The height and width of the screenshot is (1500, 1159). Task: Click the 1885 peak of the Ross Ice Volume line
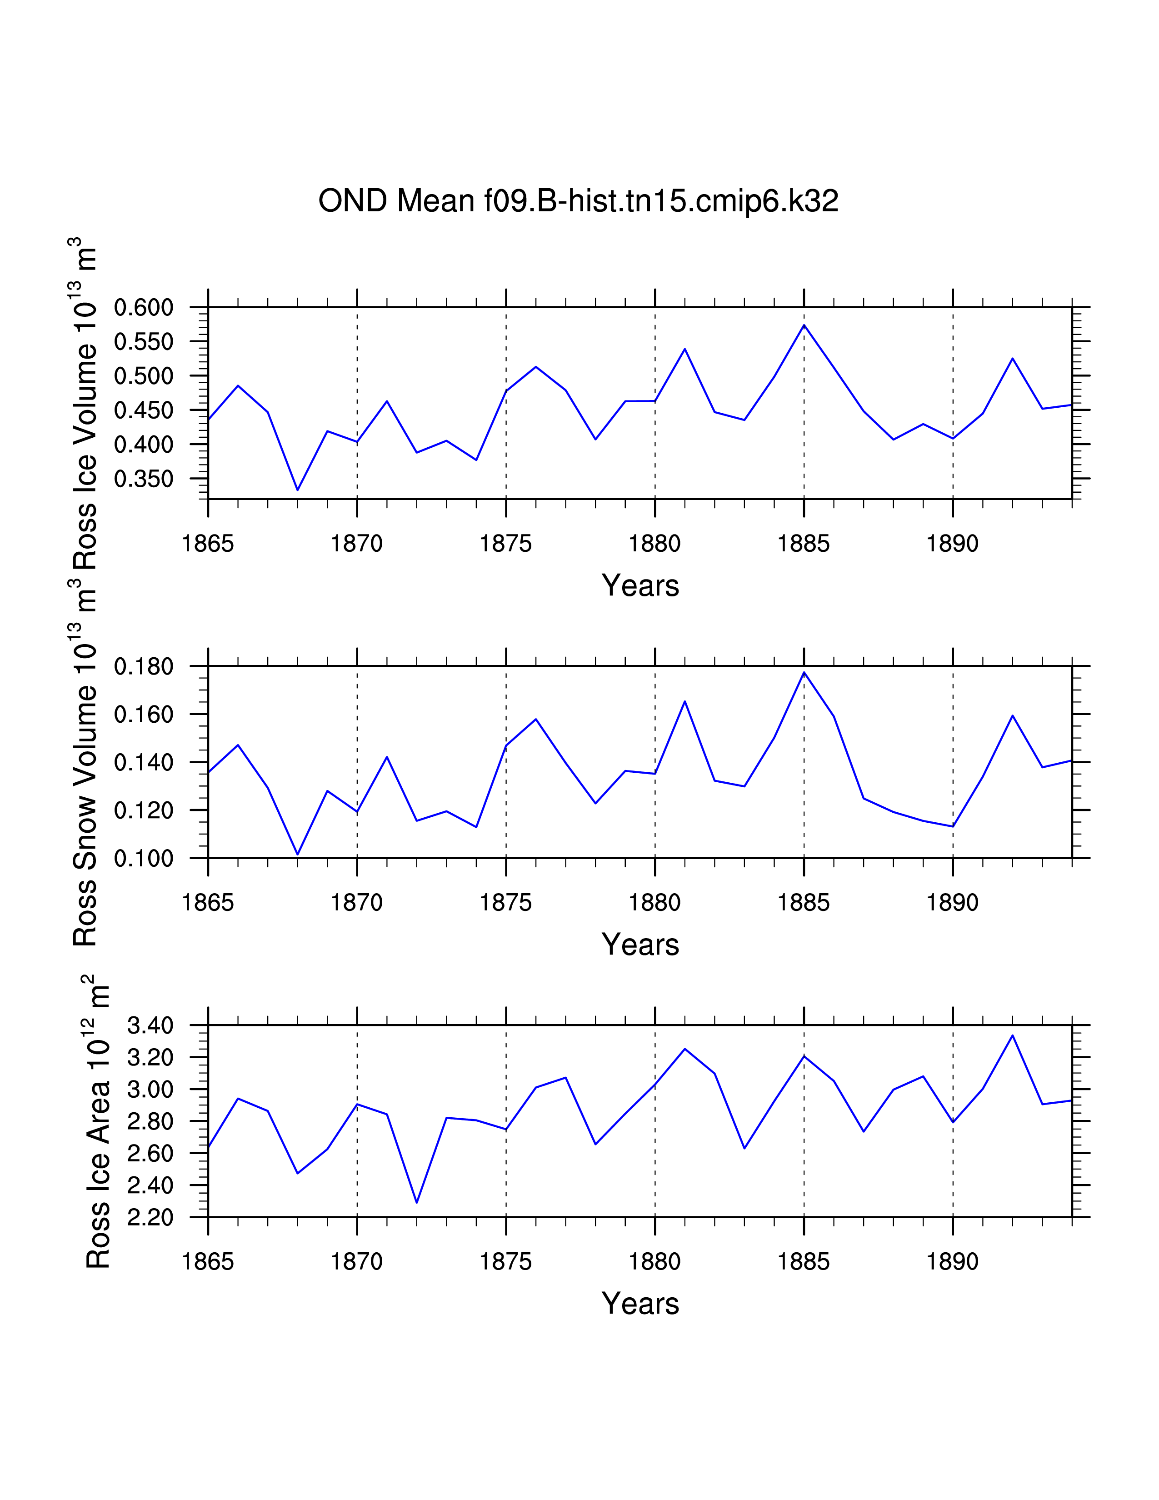click(x=804, y=325)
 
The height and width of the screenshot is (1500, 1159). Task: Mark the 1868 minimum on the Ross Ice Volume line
click(x=297, y=490)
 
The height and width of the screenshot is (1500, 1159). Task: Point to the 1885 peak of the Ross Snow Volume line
click(x=804, y=672)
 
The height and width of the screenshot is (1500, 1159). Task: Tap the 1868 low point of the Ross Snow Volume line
click(x=297, y=855)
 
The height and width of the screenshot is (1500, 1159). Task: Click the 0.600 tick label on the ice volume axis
click(x=144, y=308)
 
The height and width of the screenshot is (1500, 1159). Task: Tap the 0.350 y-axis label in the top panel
click(x=144, y=479)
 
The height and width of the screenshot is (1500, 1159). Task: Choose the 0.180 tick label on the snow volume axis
click(x=144, y=667)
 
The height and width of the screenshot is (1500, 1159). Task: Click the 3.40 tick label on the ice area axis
click(x=150, y=1026)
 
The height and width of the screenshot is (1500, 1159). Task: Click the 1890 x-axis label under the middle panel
click(x=952, y=902)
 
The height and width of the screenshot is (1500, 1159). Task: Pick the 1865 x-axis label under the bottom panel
click(x=208, y=1262)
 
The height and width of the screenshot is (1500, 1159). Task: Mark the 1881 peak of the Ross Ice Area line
click(x=684, y=1049)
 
